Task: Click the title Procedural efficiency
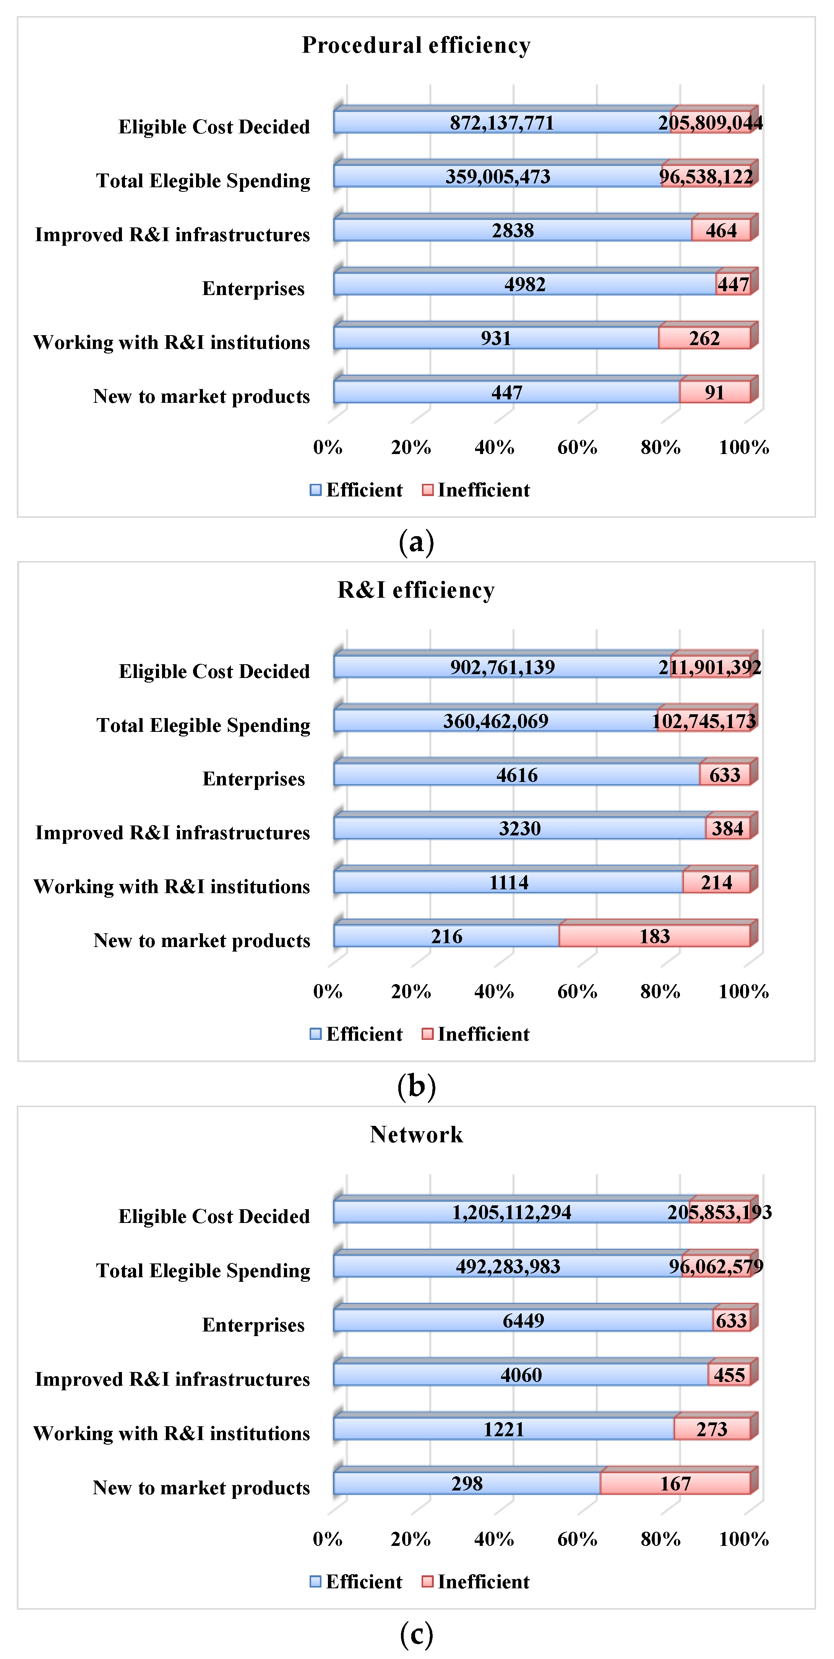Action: [416, 45]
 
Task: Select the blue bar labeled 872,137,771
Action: [502, 122]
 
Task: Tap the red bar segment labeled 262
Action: [704, 338]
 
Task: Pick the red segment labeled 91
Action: [714, 392]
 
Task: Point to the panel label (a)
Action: [416, 542]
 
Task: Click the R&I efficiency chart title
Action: [416, 590]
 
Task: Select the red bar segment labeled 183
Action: [654, 936]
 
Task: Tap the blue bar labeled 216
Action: [446, 936]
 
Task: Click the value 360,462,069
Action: [495, 721]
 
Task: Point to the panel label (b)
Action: [416, 1087]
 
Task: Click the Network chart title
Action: [416, 1135]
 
